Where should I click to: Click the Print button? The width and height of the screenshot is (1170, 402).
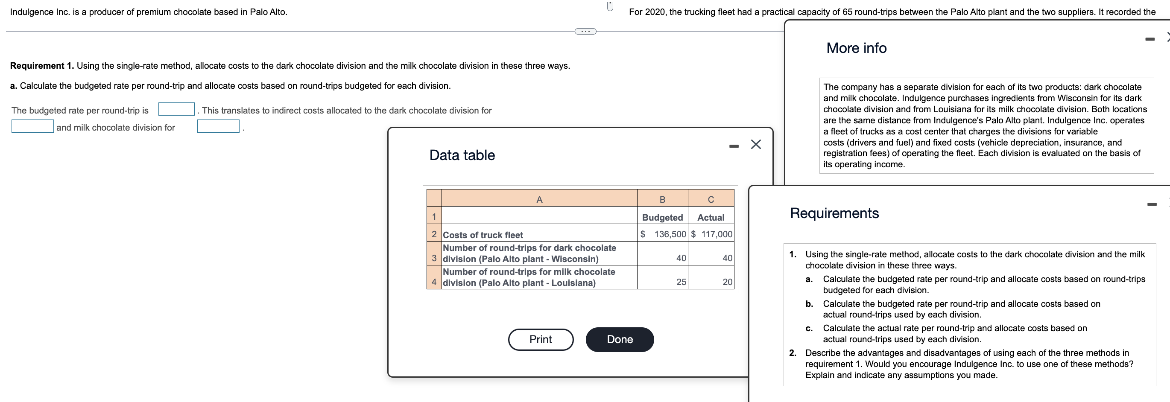pyautogui.click(x=541, y=339)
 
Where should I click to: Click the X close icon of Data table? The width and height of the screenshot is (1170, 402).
pyautogui.click(x=756, y=144)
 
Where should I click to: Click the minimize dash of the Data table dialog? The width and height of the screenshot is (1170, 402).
pyautogui.click(x=734, y=146)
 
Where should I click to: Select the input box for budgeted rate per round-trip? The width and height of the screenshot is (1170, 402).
pyautogui.click(x=176, y=109)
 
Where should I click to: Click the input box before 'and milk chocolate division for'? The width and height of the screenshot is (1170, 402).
pyautogui.click(x=32, y=126)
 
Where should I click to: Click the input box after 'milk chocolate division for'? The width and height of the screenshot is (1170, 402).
pyautogui.click(x=218, y=126)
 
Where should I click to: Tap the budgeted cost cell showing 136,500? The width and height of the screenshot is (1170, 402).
pyautogui.click(x=663, y=234)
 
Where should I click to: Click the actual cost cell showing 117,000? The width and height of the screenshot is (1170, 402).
pyautogui.click(x=711, y=234)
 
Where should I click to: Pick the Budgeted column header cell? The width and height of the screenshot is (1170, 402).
pyautogui.click(x=662, y=217)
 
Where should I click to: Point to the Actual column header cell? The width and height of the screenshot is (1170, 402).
pyautogui.click(x=711, y=217)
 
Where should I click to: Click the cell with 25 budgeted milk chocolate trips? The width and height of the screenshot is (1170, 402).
pyautogui.click(x=663, y=282)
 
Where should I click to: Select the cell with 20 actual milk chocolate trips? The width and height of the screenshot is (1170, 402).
pyautogui.click(x=711, y=282)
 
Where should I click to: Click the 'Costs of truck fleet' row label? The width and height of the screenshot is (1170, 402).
pyautogui.click(x=483, y=235)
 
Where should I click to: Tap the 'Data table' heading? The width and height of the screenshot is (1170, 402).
pyautogui.click(x=462, y=155)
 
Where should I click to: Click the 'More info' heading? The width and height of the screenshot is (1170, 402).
pyautogui.click(x=856, y=48)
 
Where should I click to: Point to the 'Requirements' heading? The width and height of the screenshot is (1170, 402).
pyautogui.click(x=834, y=213)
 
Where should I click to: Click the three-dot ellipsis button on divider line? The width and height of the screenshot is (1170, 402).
pyautogui.click(x=585, y=31)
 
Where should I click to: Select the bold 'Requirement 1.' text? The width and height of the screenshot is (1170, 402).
pyautogui.click(x=42, y=66)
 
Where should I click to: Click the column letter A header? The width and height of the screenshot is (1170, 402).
pyautogui.click(x=539, y=200)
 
